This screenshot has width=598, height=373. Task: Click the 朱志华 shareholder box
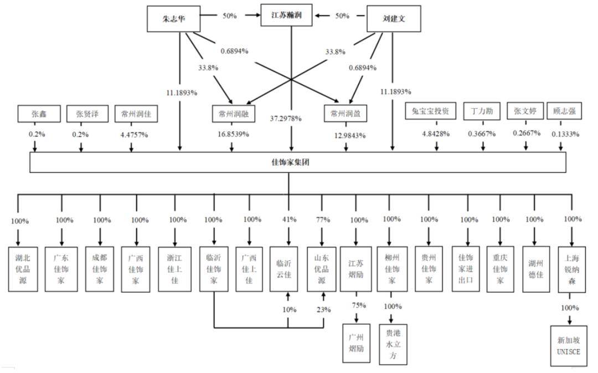tap(172, 18)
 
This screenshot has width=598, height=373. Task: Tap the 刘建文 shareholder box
tap(394, 18)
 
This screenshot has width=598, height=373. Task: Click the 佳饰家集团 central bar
tap(297, 162)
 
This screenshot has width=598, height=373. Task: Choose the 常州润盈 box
tap(346, 114)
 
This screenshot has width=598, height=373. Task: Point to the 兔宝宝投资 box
tap(434, 111)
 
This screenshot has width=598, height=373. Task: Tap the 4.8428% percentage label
tap(436, 134)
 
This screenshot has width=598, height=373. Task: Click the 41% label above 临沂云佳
tap(288, 220)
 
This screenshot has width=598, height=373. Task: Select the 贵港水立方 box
tap(393, 344)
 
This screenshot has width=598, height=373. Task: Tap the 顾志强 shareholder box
tap(564, 111)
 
